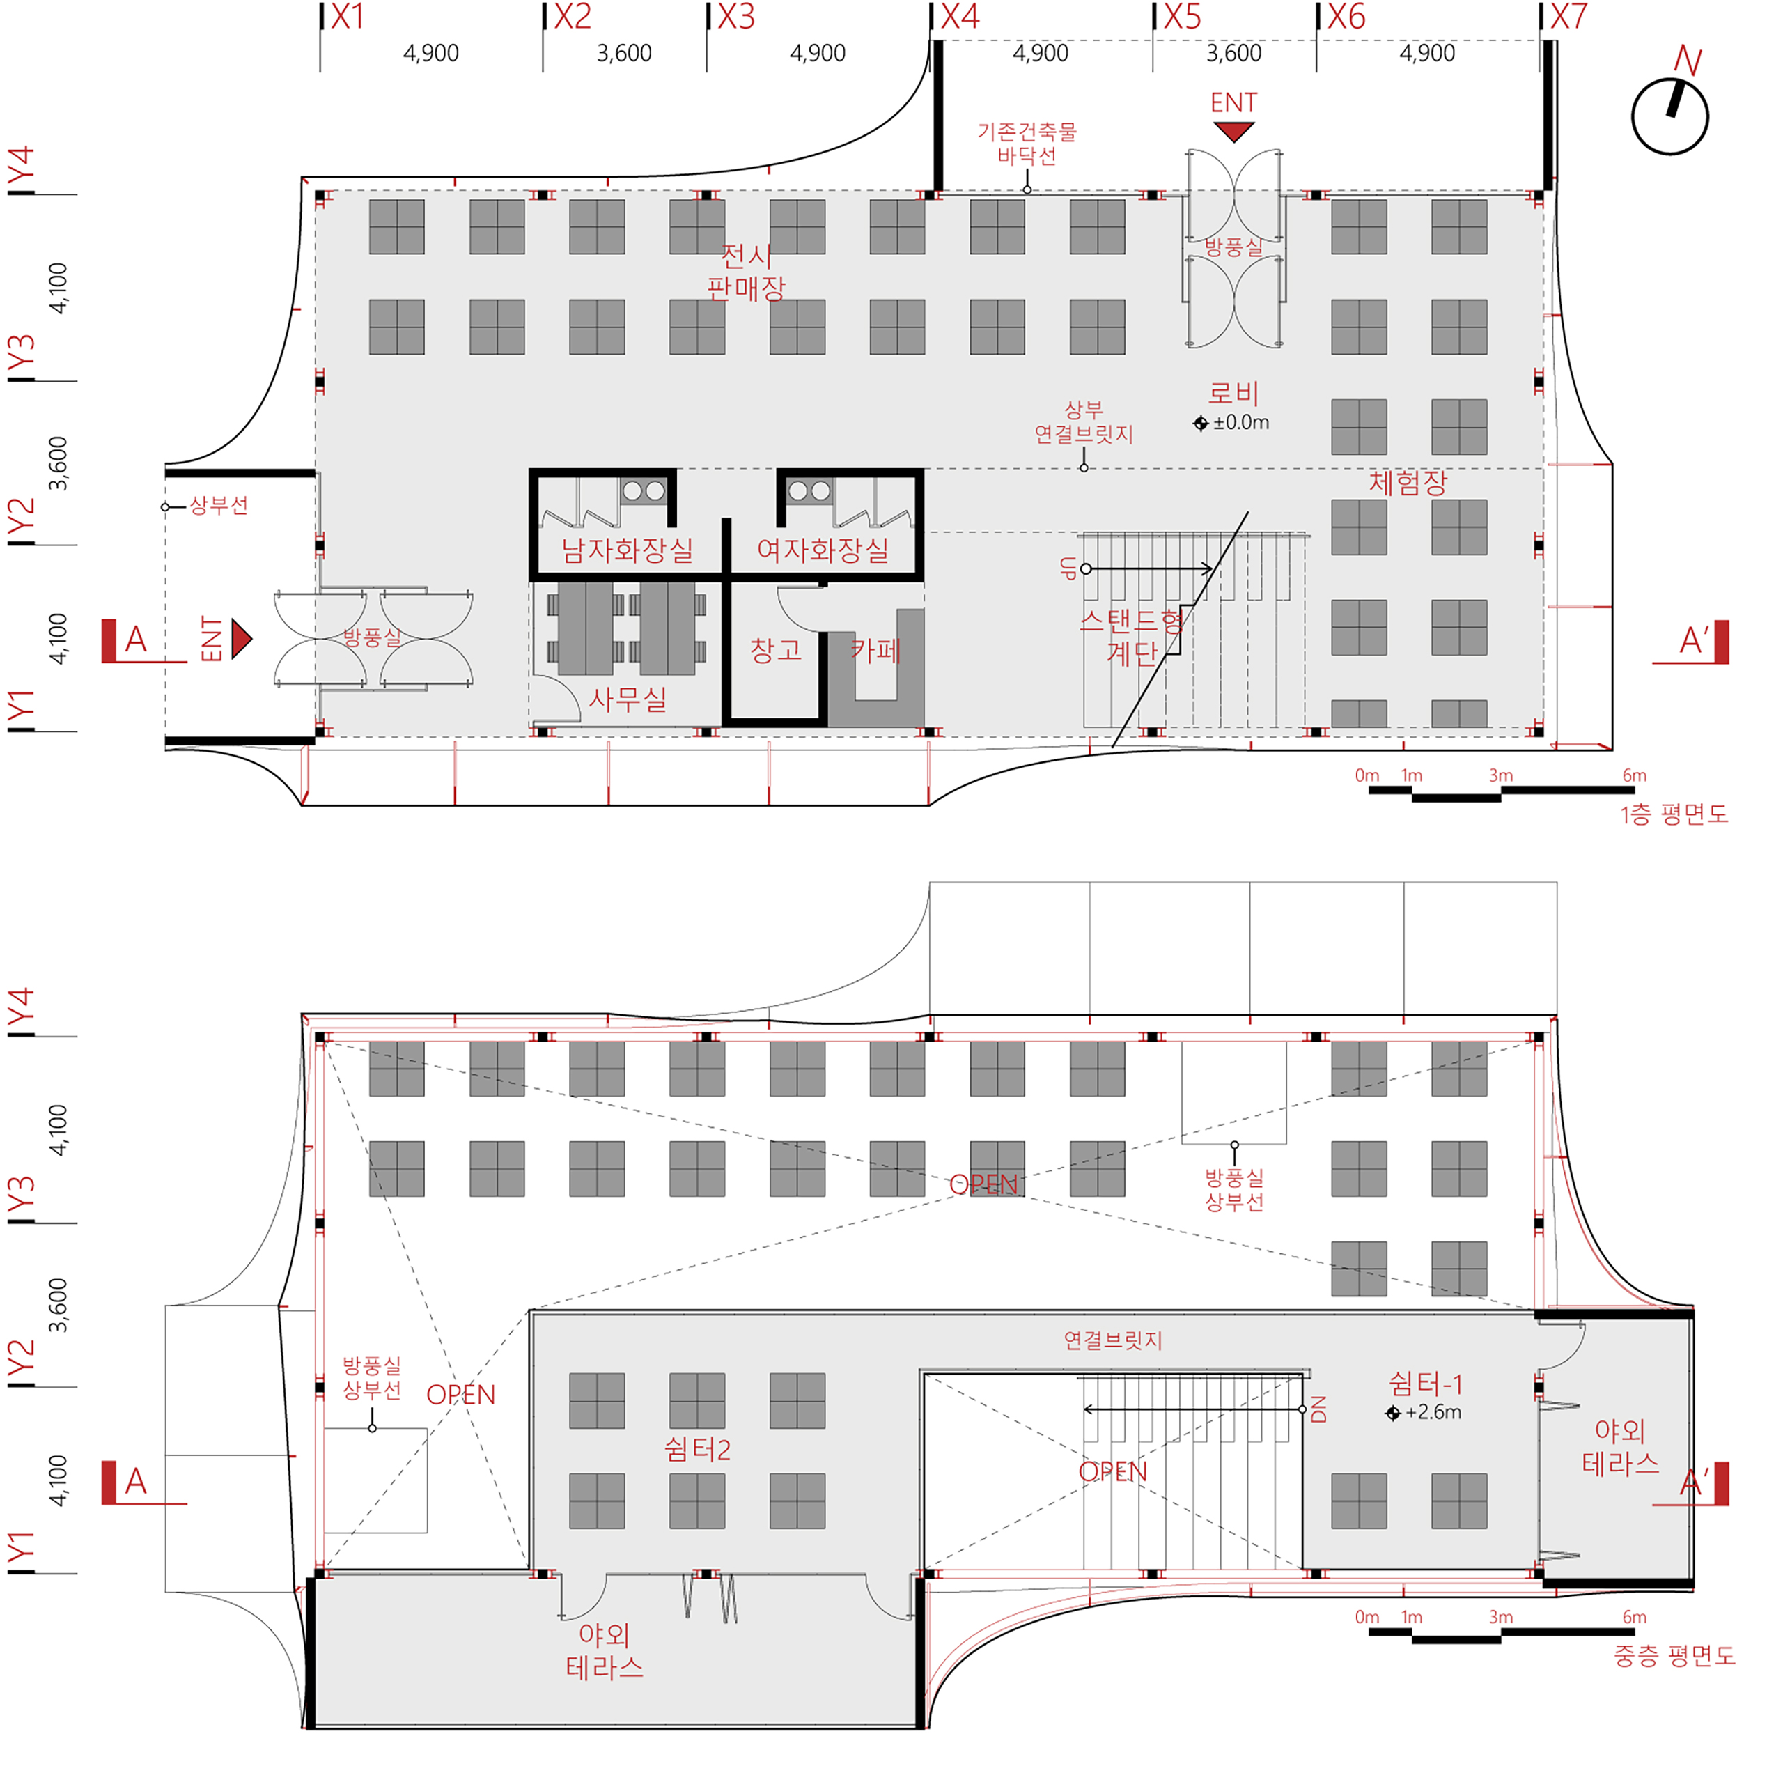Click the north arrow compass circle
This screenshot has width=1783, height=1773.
1632,117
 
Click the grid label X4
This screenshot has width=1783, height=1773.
960,17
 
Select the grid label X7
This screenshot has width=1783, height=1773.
1568,17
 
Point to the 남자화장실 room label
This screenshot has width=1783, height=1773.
628,551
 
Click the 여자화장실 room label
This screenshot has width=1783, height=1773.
823,551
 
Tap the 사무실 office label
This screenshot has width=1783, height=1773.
628,699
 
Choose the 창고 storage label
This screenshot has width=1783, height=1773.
775,650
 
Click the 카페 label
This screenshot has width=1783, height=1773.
875,650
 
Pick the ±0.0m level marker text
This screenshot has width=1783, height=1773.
1240,423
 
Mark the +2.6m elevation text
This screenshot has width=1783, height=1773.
1433,1412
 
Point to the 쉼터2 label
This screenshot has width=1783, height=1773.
698,1449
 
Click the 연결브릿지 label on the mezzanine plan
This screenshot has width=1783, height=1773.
1113,1340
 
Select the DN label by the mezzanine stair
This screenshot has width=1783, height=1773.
1318,1409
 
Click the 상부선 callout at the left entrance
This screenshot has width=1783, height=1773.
219,506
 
